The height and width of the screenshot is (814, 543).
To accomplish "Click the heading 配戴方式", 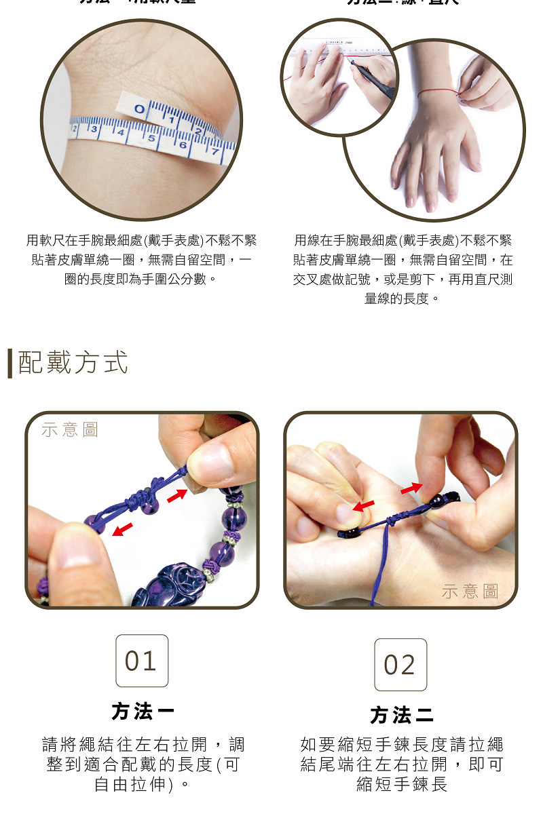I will tap(73, 363).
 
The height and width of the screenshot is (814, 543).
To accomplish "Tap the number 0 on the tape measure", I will tap(140, 109).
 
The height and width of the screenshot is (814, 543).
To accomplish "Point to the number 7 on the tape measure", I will tap(214, 152).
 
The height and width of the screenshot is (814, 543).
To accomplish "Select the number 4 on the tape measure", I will tap(121, 132).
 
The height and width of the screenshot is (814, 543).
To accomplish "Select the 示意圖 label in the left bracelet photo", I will tap(70, 429).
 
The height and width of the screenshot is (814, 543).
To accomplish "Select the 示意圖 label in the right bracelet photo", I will tap(470, 592).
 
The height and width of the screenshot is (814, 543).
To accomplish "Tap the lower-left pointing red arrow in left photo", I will tap(122, 528).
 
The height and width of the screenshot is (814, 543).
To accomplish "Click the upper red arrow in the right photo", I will tap(410, 488).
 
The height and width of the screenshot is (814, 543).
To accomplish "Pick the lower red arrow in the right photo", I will tap(363, 507).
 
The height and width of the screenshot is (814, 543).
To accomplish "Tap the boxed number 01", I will tap(141, 661).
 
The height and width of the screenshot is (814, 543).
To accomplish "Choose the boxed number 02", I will tap(400, 665).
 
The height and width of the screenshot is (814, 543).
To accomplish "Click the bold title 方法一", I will tap(143, 712).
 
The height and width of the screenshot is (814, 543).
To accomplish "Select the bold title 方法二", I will tap(401, 715).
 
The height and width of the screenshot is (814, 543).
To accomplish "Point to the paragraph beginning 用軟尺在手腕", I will tap(141, 260).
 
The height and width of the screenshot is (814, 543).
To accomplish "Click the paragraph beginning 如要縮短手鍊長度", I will tap(402, 764).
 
